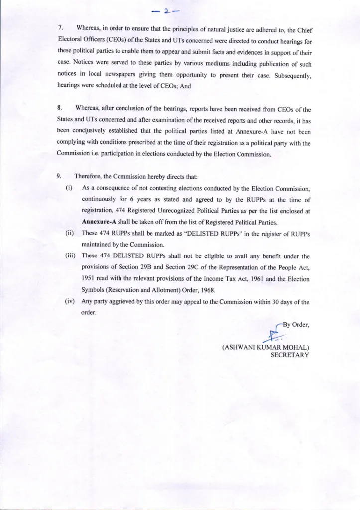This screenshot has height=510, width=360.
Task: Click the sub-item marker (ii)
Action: (x=70, y=235)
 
